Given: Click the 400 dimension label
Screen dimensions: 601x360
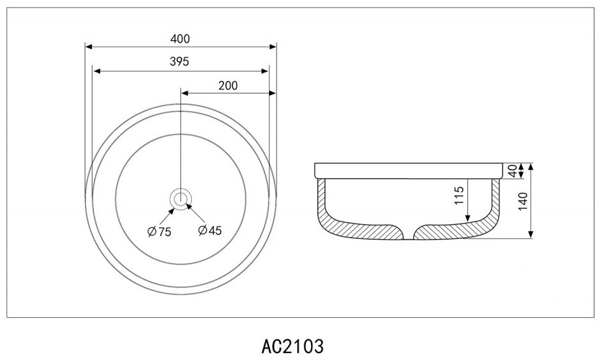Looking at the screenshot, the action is point(180,39).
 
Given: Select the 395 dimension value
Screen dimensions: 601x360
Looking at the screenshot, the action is point(179,61).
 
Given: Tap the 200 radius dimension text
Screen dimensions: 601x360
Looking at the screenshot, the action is point(228,86).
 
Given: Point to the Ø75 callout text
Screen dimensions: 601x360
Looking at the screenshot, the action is point(160,232).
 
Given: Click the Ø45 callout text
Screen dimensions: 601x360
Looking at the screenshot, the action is point(210,230).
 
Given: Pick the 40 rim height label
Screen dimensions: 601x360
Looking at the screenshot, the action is point(512,171).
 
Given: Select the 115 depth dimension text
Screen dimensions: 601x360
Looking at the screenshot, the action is point(459,195).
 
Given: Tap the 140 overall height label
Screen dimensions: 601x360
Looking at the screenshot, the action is point(523,202).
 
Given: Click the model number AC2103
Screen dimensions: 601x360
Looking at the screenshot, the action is point(293,346).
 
